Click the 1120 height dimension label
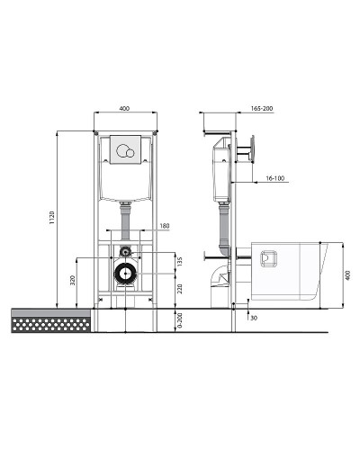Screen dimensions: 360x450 (x=52, y=218)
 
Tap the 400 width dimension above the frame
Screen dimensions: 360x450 (x=124, y=108)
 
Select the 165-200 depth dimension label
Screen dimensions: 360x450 (x=262, y=108)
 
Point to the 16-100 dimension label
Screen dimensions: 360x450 (x=275, y=178)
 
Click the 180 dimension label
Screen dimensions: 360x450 (x=165, y=226)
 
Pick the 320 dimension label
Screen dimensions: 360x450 (x=72, y=280)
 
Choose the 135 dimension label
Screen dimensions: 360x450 (x=180, y=261)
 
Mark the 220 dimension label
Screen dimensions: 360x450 (x=180, y=289)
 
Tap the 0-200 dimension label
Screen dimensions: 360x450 (x=180, y=320)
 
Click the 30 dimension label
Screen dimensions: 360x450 (x=254, y=318)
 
